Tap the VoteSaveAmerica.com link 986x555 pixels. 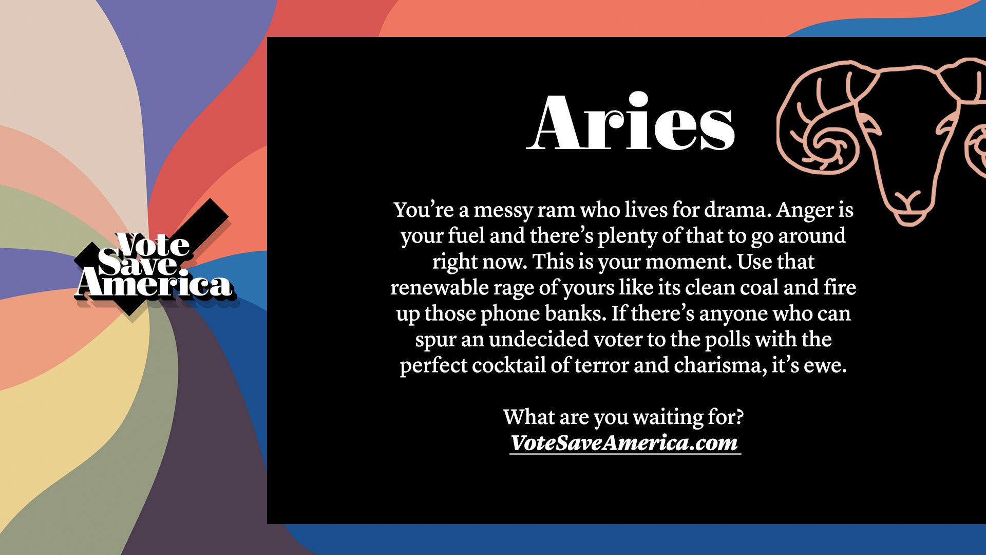(x=624, y=443)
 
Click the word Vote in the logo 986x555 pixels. (x=153, y=246)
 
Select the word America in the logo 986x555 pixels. (x=154, y=285)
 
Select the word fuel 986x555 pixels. (x=466, y=236)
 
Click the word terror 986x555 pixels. (x=601, y=365)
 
